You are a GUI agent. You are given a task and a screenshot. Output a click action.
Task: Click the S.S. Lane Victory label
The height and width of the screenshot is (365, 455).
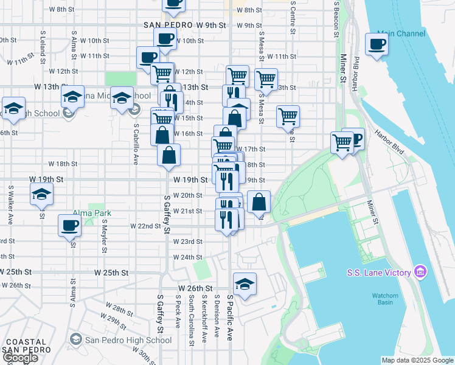point(378,273)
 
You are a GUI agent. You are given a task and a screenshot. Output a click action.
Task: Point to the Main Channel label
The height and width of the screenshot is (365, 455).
point(401,33)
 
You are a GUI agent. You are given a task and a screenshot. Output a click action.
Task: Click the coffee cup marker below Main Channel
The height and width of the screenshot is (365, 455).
point(377,44)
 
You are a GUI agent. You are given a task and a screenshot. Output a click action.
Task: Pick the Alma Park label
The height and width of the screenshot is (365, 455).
point(91,214)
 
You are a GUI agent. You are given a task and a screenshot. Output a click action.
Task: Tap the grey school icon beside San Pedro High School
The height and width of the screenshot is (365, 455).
point(76,338)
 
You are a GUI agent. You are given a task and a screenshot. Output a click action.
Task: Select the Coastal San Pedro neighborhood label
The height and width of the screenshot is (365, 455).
point(22,346)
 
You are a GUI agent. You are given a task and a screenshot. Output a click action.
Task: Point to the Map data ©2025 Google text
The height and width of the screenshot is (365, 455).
point(417,360)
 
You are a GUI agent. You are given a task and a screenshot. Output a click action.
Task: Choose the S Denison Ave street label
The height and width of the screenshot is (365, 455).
point(217,316)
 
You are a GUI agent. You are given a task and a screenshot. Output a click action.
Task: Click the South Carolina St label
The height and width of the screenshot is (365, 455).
point(191,320)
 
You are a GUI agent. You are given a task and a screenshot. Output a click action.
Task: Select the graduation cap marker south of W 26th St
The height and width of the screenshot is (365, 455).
point(245,285)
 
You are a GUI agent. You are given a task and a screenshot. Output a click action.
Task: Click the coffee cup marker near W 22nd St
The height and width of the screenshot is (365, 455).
point(69,226)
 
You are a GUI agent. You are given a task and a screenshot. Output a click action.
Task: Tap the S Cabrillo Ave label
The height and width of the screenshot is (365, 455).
point(136,144)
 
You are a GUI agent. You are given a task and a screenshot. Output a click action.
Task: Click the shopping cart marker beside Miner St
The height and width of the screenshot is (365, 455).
point(342,144)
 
